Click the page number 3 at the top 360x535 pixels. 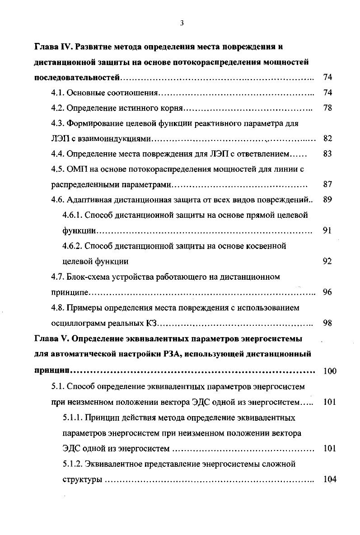click(x=181, y=23)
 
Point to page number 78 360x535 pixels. click(x=328, y=108)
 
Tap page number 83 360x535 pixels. click(x=328, y=154)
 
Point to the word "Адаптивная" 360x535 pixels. click(x=86, y=200)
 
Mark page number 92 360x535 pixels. click(x=328, y=262)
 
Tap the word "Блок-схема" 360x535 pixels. click(x=87, y=277)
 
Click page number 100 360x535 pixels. click(x=330, y=371)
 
